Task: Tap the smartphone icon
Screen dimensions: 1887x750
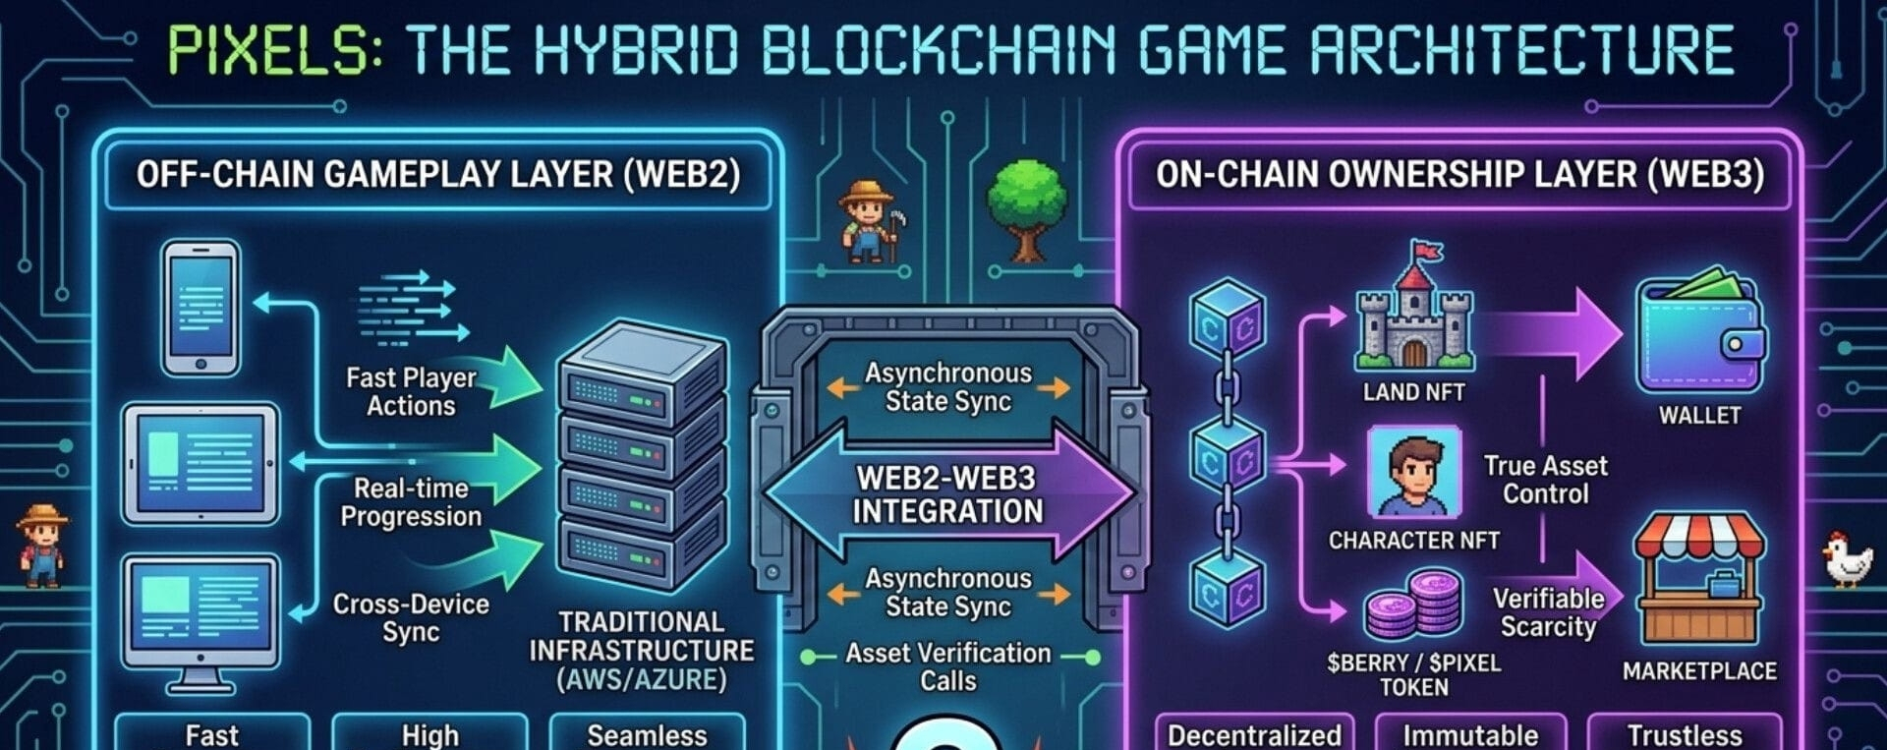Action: coord(200,308)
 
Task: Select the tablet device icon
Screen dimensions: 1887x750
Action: coord(200,463)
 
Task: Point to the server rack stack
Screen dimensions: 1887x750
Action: coord(641,457)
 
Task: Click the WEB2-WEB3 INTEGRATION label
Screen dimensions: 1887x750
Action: coord(947,494)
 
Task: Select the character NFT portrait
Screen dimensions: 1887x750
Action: coord(1413,473)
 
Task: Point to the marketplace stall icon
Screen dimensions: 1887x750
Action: coord(1699,579)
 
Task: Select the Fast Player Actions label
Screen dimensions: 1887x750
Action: coord(411,391)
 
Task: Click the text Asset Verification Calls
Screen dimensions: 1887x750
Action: coord(947,666)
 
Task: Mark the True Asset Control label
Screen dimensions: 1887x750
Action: coord(1545,479)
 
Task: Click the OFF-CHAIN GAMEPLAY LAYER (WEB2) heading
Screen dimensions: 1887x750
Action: coord(438,175)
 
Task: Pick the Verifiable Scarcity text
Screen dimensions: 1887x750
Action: coord(1548,612)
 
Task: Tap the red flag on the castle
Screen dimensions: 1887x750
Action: coord(1428,251)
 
